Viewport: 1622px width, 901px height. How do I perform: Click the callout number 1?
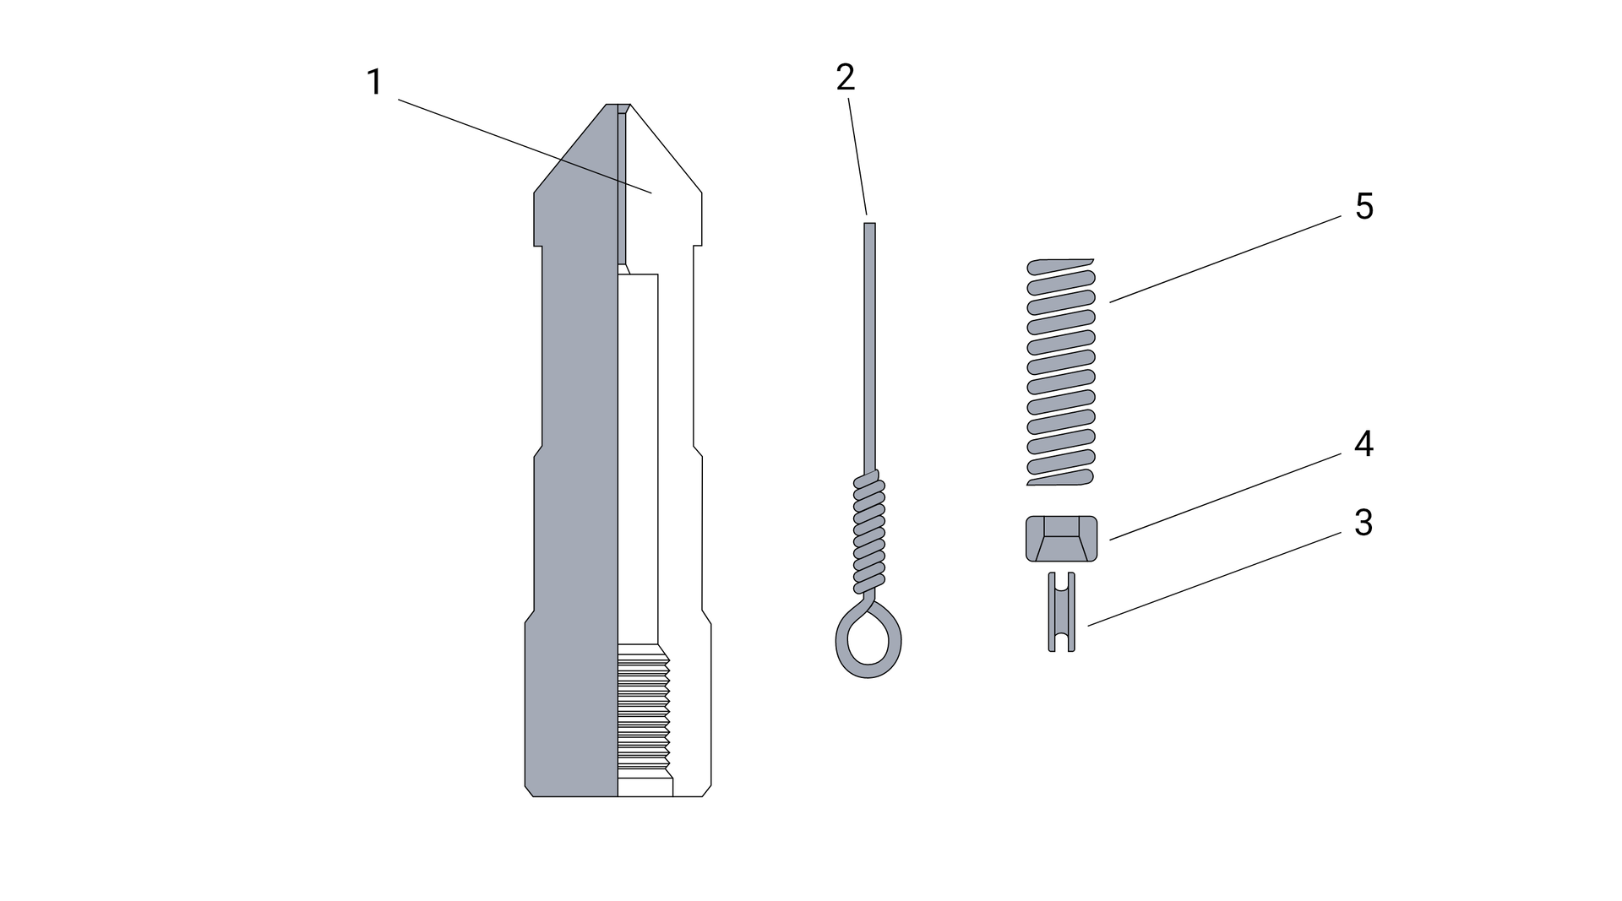pyautogui.click(x=374, y=83)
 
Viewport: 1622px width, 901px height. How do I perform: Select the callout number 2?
pyautogui.click(x=846, y=78)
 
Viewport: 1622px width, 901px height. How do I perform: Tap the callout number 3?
pyautogui.click(x=1363, y=523)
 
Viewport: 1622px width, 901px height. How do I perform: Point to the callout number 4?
pyautogui.click(x=1363, y=444)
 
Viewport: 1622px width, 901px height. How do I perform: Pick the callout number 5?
pyautogui.click(x=1364, y=206)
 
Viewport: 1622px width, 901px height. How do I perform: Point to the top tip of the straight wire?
pyautogui.click(x=869, y=224)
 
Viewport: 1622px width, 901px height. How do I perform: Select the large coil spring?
pyautogui.click(x=1061, y=372)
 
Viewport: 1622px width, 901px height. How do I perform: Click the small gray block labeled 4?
pyautogui.click(x=1061, y=539)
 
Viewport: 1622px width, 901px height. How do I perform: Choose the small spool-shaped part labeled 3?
pyautogui.click(x=1062, y=612)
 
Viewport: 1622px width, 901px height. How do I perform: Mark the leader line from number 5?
pyautogui.click(x=1225, y=259)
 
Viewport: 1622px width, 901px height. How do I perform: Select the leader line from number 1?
pyautogui.click(x=525, y=147)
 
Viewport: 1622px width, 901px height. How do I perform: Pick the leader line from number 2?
pyautogui.click(x=857, y=156)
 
